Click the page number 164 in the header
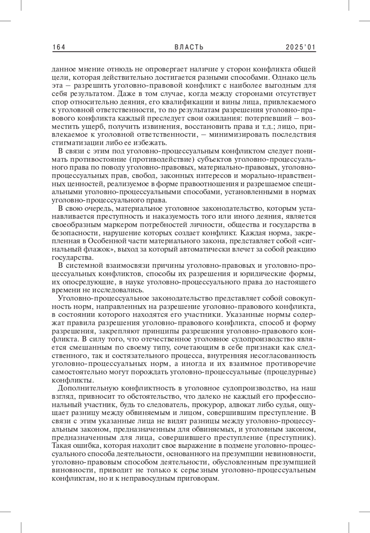click(x=59, y=47)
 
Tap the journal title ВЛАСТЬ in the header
click(x=189, y=47)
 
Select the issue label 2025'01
click(x=301, y=47)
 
